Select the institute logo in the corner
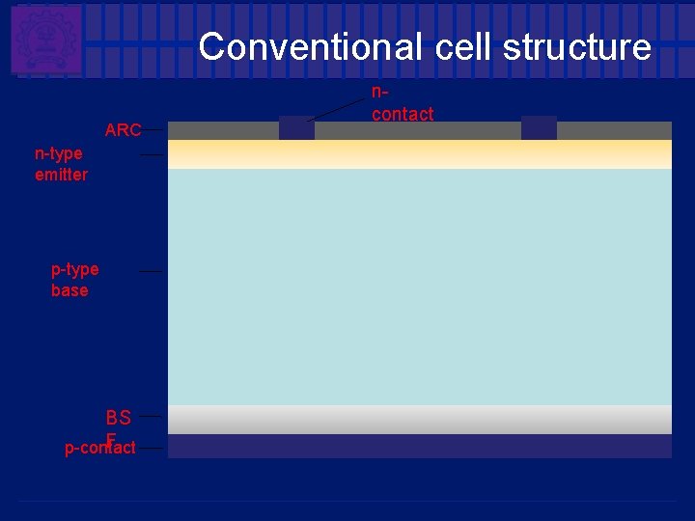[x=45, y=40]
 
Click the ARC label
[x=123, y=130]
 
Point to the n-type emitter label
[x=61, y=164]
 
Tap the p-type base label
[x=74, y=280]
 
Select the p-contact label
[x=99, y=448]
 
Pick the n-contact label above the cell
[x=402, y=104]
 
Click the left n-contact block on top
[x=296, y=128]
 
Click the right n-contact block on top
[x=539, y=128]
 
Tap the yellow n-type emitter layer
[x=420, y=154]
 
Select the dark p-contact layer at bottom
[x=420, y=446]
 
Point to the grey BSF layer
[x=420, y=420]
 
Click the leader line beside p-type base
[x=151, y=272]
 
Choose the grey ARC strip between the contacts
[x=417, y=130]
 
